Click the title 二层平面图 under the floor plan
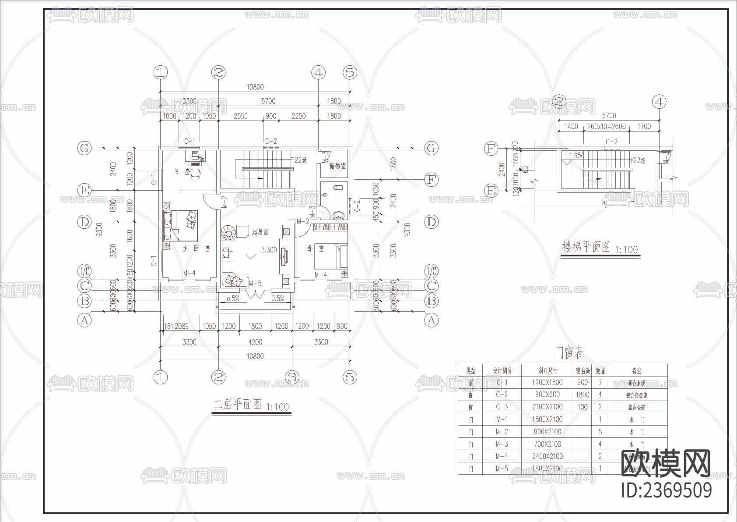237,404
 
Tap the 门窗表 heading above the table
569,352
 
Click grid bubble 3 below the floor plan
292,377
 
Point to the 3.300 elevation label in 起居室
269,250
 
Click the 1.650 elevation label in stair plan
577,156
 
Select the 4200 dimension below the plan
255,342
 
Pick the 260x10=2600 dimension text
606,127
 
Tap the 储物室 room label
337,166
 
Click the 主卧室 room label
197,249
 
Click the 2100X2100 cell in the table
547,407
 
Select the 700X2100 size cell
547,444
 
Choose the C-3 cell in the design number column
502,407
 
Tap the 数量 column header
600,371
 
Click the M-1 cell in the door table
502,419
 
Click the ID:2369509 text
666,490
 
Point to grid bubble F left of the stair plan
491,149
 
